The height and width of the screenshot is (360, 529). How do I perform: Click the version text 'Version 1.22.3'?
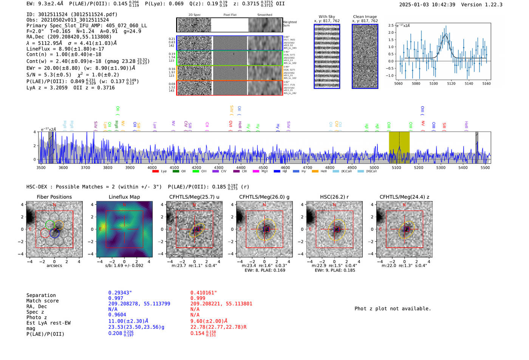point(482,5)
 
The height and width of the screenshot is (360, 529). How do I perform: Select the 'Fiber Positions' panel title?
point(54,197)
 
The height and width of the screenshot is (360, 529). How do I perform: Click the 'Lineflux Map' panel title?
point(124,197)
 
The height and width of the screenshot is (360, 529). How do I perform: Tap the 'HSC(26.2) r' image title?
point(334,197)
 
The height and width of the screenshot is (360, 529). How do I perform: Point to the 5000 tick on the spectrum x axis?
point(374,167)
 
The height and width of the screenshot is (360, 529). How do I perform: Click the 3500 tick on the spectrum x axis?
point(41,167)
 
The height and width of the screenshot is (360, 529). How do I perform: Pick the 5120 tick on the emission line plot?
point(451,83)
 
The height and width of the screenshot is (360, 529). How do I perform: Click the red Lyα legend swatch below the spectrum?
point(155,172)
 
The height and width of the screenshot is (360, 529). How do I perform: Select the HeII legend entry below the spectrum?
point(315,172)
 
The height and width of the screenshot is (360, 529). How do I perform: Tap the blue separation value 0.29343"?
point(120,293)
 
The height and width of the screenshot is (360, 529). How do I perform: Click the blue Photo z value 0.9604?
point(117,315)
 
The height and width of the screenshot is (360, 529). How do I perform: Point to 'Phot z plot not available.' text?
point(393,309)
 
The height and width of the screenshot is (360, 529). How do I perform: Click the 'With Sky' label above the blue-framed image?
point(326,17)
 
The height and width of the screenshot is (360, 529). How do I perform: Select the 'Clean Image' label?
point(365,17)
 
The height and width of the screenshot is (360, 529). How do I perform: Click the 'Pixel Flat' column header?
point(230,15)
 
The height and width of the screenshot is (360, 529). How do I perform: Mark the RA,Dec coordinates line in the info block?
point(69,37)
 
